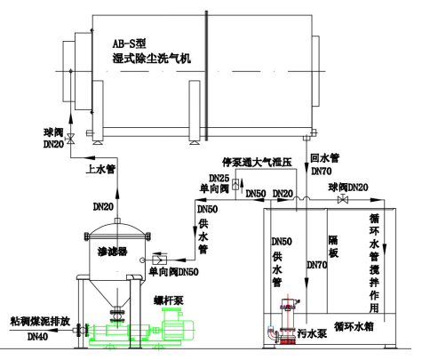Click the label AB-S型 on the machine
click(129, 44)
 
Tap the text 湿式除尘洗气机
click(151, 58)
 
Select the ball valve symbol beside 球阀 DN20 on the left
click(70, 139)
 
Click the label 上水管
click(100, 169)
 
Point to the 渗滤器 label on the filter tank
click(112, 252)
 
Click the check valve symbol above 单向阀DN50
click(160, 260)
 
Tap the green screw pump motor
click(177, 324)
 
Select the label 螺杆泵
click(169, 300)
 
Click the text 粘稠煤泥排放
click(40, 321)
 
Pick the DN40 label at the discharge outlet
click(37, 337)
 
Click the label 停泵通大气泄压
click(257, 162)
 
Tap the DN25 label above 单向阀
click(219, 178)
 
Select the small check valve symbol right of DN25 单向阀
click(235, 184)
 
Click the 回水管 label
click(325, 158)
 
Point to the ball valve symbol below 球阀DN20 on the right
click(343, 199)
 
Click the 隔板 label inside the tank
click(333, 246)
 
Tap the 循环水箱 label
click(354, 326)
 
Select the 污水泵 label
click(312, 333)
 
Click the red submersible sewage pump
click(286, 321)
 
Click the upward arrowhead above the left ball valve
click(70, 118)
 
